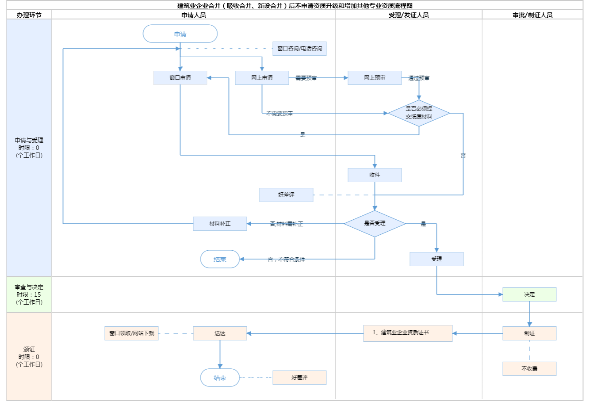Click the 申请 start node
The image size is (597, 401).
pyautogui.click(x=180, y=34)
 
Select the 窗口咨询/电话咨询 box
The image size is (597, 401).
pyautogui.click(x=299, y=49)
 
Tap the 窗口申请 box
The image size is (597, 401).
pyautogui.click(x=180, y=78)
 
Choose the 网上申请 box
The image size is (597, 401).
pyautogui.click(x=262, y=78)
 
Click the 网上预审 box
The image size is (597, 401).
pyautogui.click(x=375, y=78)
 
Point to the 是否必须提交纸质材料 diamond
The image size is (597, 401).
pyautogui.click(x=419, y=113)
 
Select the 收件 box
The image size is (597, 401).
pyautogui.click(x=375, y=175)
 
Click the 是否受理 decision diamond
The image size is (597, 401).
pyautogui.click(x=375, y=224)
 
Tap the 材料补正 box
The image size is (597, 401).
pyautogui.click(x=220, y=224)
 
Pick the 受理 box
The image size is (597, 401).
pyautogui.click(x=436, y=259)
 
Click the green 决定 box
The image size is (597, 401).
pyautogui.click(x=529, y=294)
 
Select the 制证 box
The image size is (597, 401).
pyautogui.click(x=529, y=333)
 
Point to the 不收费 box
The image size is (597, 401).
pyautogui.click(x=529, y=369)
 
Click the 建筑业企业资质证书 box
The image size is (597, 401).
pyautogui.click(x=408, y=333)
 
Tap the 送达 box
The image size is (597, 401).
pyautogui.click(x=220, y=333)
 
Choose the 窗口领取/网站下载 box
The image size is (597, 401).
pyautogui.click(x=132, y=333)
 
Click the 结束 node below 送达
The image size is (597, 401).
pyautogui.click(x=220, y=378)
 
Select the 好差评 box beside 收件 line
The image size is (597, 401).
pyautogui.click(x=286, y=195)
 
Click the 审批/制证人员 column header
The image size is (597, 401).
pyautogui.click(x=532, y=15)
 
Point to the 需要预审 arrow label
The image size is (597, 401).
pyautogui.click(x=306, y=78)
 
